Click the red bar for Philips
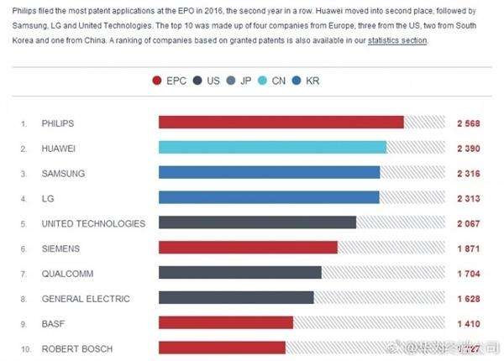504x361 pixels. pos(281,123)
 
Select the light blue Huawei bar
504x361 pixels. pos(272,148)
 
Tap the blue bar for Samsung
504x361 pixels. pos(269,173)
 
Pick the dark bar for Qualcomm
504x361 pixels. pos(239,273)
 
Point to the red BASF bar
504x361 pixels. pos(225,323)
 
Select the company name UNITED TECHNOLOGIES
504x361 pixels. pos(93,223)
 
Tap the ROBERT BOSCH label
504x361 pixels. pos(76,348)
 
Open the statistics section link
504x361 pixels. pos(397,40)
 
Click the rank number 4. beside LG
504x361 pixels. pos(24,198)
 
